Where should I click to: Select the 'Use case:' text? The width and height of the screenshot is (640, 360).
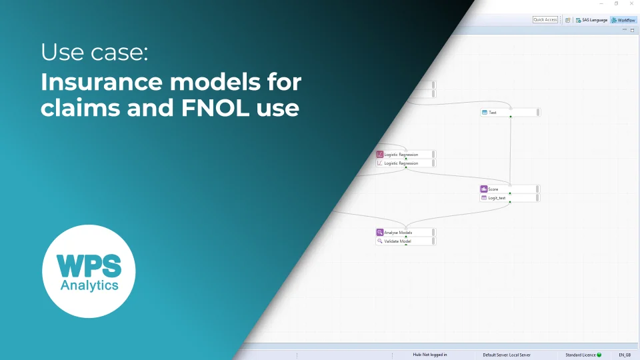coord(94,52)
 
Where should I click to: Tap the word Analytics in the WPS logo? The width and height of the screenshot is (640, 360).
coord(89,285)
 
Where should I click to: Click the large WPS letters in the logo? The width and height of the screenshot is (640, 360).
coord(89,266)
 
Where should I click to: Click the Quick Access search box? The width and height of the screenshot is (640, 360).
coord(545,20)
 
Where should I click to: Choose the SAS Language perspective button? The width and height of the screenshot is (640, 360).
coord(591,20)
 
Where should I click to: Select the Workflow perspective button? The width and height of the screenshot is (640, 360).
coord(623,20)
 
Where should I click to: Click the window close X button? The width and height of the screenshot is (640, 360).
coord(631,4)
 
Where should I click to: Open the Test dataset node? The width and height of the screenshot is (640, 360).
coord(493,113)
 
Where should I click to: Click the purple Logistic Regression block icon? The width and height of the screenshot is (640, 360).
coord(380,155)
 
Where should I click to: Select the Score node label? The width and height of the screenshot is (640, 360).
coord(493,189)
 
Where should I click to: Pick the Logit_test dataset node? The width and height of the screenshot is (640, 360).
coord(497,198)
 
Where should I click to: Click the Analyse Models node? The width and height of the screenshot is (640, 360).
coord(398,233)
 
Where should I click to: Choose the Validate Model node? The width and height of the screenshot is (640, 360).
coord(397,241)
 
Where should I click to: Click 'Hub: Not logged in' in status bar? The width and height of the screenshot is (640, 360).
coord(429,355)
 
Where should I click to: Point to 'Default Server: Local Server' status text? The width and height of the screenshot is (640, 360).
coord(507,355)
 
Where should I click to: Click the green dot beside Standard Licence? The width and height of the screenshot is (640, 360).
coord(599,355)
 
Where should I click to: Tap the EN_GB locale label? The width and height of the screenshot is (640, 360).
coord(625,355)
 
